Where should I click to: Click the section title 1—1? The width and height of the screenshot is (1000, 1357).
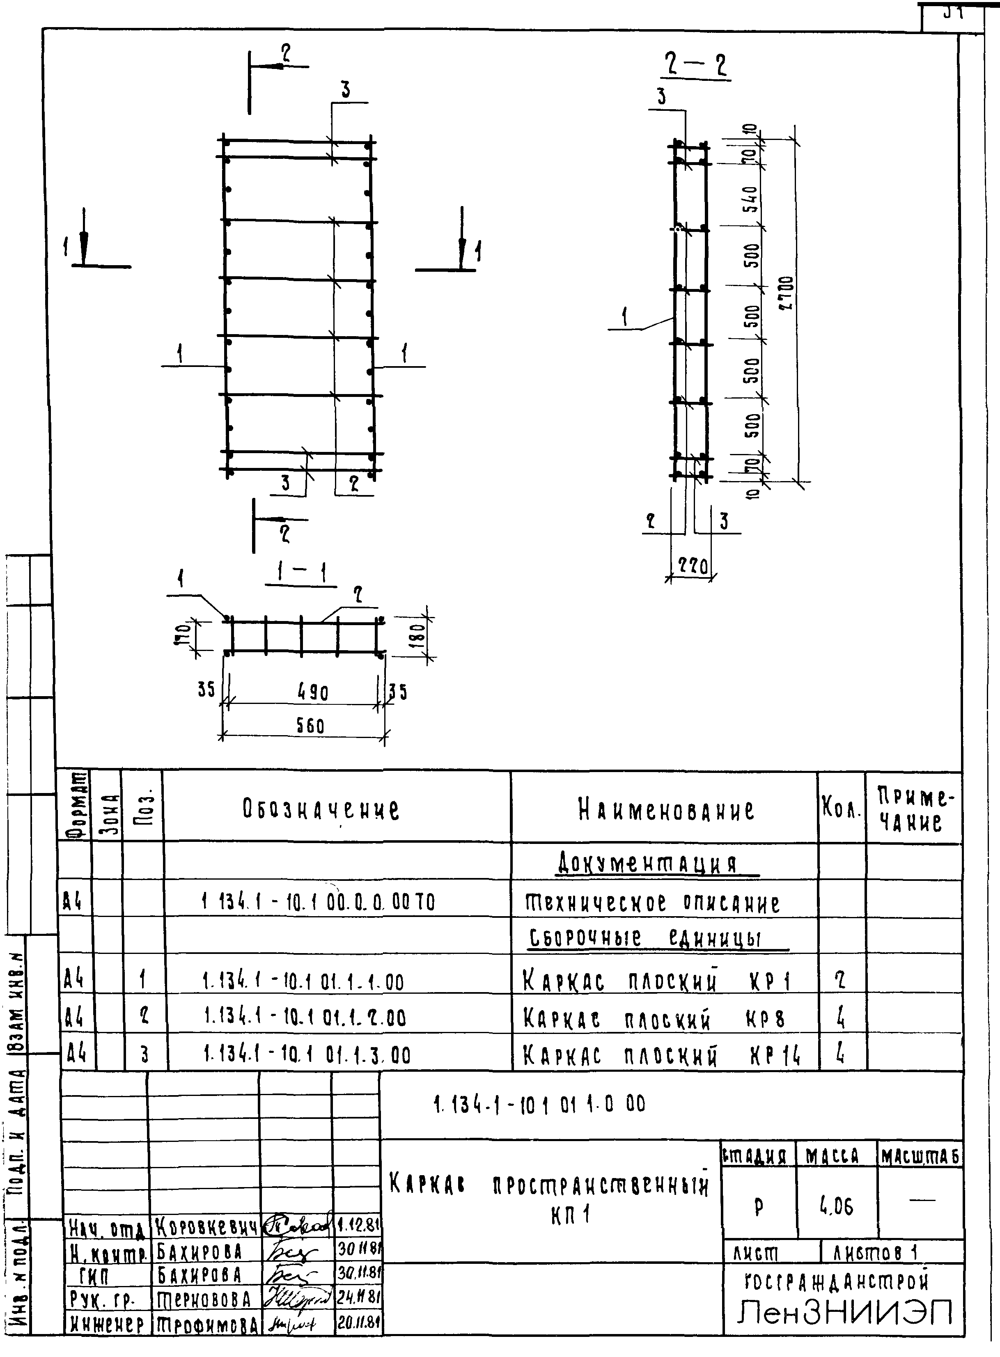coord(301,572)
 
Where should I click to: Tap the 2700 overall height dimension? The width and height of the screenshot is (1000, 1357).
coord(786,293)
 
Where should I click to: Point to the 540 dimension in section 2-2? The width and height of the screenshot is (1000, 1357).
coord(750,199)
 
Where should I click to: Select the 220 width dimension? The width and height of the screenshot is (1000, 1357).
coord(692,566)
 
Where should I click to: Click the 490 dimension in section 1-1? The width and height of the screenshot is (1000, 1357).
coord(313,692)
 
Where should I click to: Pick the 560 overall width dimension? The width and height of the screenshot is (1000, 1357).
coord(310,726)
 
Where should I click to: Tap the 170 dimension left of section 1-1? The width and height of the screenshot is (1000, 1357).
coord(185,635)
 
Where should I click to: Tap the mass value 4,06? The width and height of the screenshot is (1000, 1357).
coord(837,1208)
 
